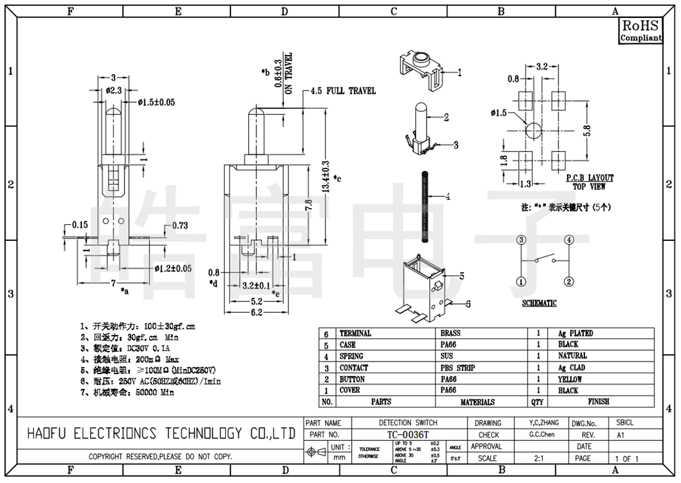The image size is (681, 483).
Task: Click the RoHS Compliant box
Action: pos(641,30)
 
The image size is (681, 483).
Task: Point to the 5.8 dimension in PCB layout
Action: pos(587,132)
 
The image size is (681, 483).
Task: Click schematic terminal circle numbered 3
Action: pos(521,240)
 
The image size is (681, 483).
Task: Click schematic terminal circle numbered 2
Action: pos(568,282)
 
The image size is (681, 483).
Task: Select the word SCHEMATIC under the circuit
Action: pos(539,303)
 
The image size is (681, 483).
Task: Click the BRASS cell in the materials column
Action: pos(451,333)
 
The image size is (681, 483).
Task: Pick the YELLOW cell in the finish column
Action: pos(570,379)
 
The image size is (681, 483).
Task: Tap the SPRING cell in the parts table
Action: pos(351,356)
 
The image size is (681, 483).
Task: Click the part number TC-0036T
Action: pos(407,435)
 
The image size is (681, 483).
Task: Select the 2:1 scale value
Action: pos(539,459)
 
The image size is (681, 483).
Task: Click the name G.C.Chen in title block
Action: pos(542,435)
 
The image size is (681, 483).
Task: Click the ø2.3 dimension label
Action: pos(114,90)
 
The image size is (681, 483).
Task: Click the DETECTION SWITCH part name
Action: pos(407,423)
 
